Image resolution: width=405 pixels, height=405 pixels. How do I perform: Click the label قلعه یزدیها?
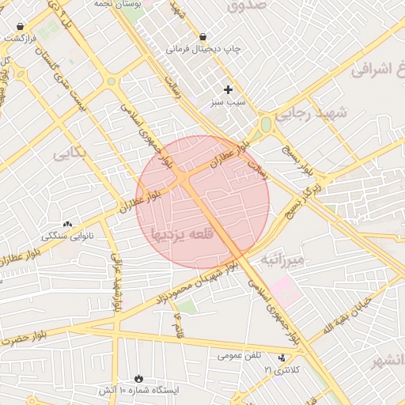182,234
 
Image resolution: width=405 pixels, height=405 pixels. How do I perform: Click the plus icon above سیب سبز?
229,89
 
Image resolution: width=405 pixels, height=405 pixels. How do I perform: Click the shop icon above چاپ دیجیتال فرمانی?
203,36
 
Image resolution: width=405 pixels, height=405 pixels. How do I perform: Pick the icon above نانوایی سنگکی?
67,224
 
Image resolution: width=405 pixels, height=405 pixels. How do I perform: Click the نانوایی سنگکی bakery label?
67,236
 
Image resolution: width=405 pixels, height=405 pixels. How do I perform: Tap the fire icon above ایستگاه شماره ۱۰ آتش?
139,378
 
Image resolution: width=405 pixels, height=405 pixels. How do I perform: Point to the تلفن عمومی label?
240,356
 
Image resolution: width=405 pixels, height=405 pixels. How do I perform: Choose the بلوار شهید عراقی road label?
116,282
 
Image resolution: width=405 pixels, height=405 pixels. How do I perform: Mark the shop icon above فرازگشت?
20,27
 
